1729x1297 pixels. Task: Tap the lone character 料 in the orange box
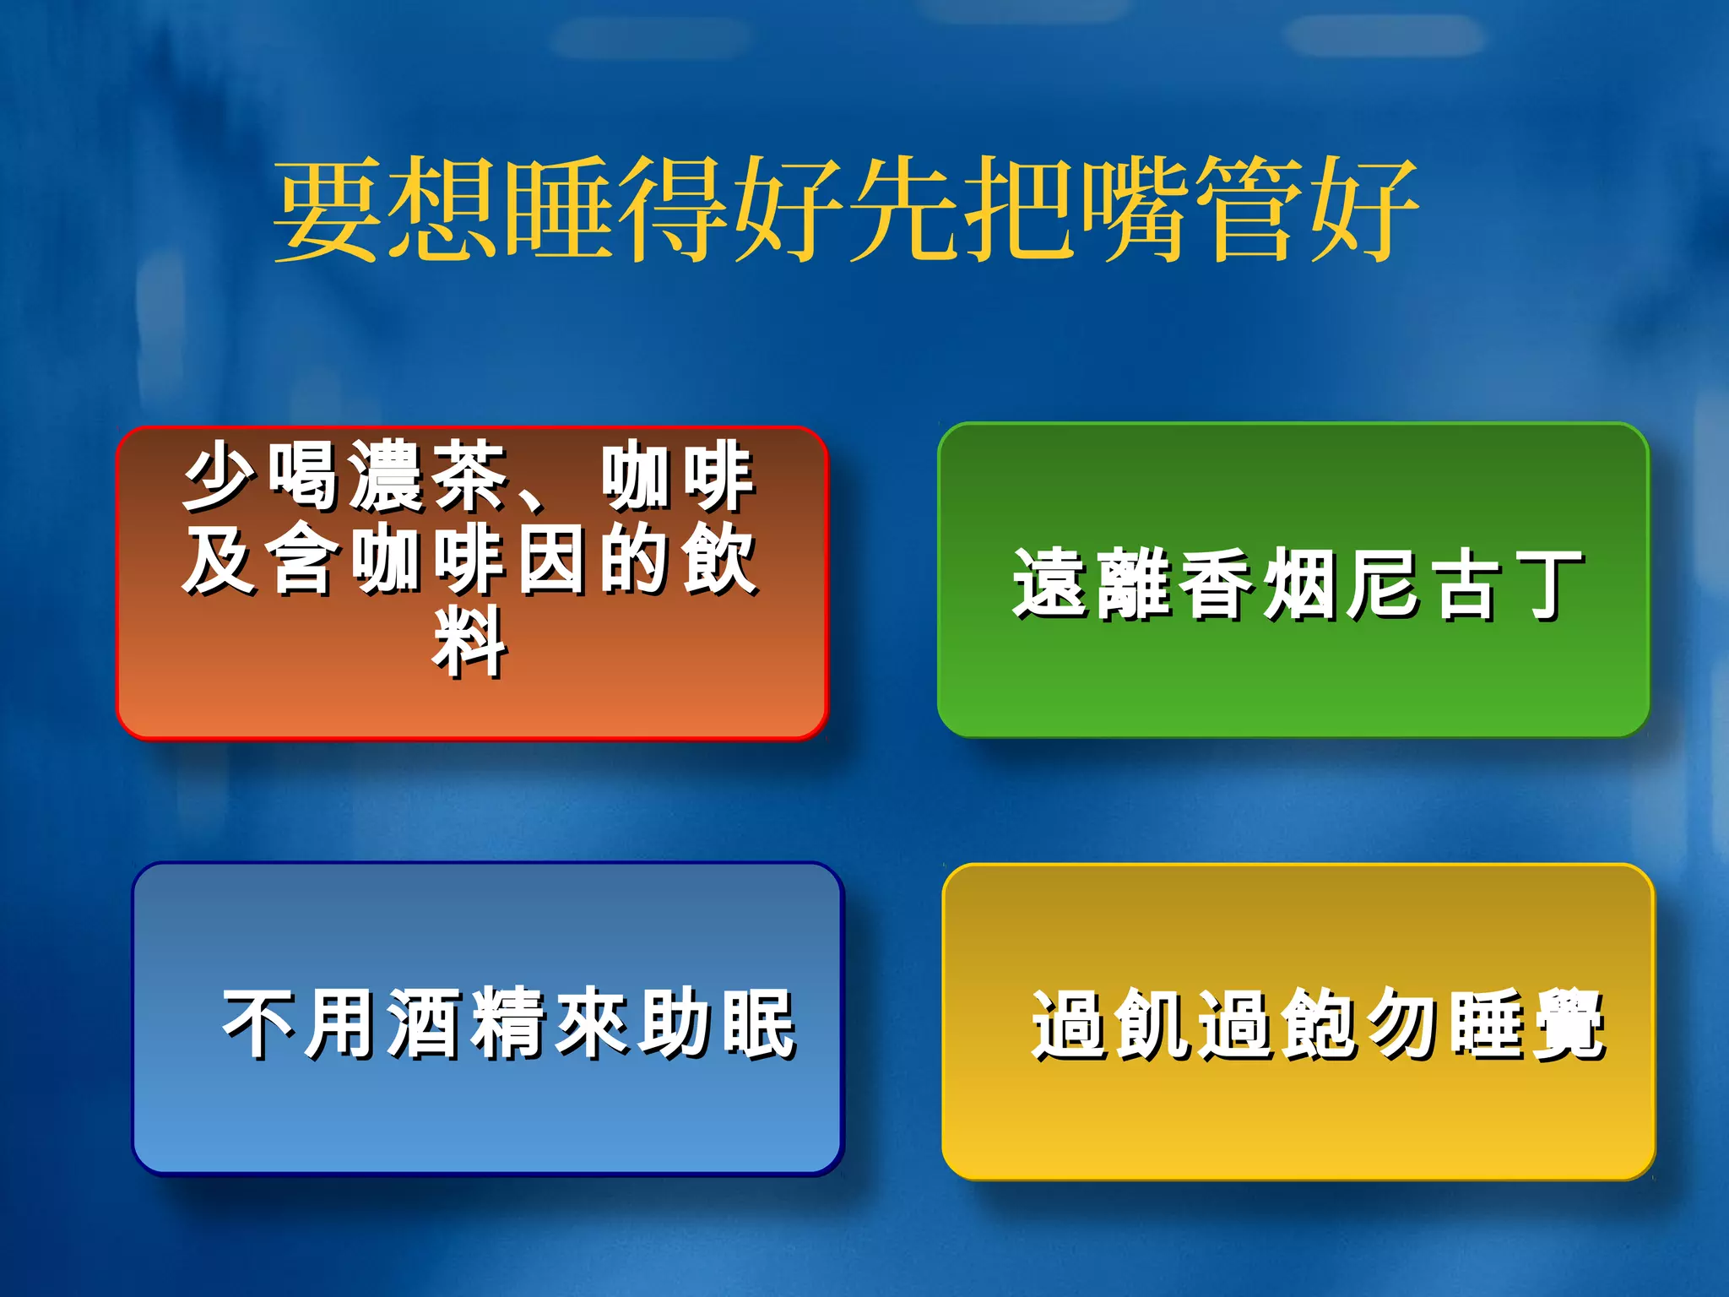pos(469,642)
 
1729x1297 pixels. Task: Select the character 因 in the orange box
pos(551,559)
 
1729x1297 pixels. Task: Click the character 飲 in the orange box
pos(718,559)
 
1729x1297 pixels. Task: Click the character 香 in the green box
pos(1216,584)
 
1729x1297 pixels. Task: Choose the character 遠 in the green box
pos(1049,584)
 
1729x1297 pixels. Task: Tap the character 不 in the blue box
pos(258,1023)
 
